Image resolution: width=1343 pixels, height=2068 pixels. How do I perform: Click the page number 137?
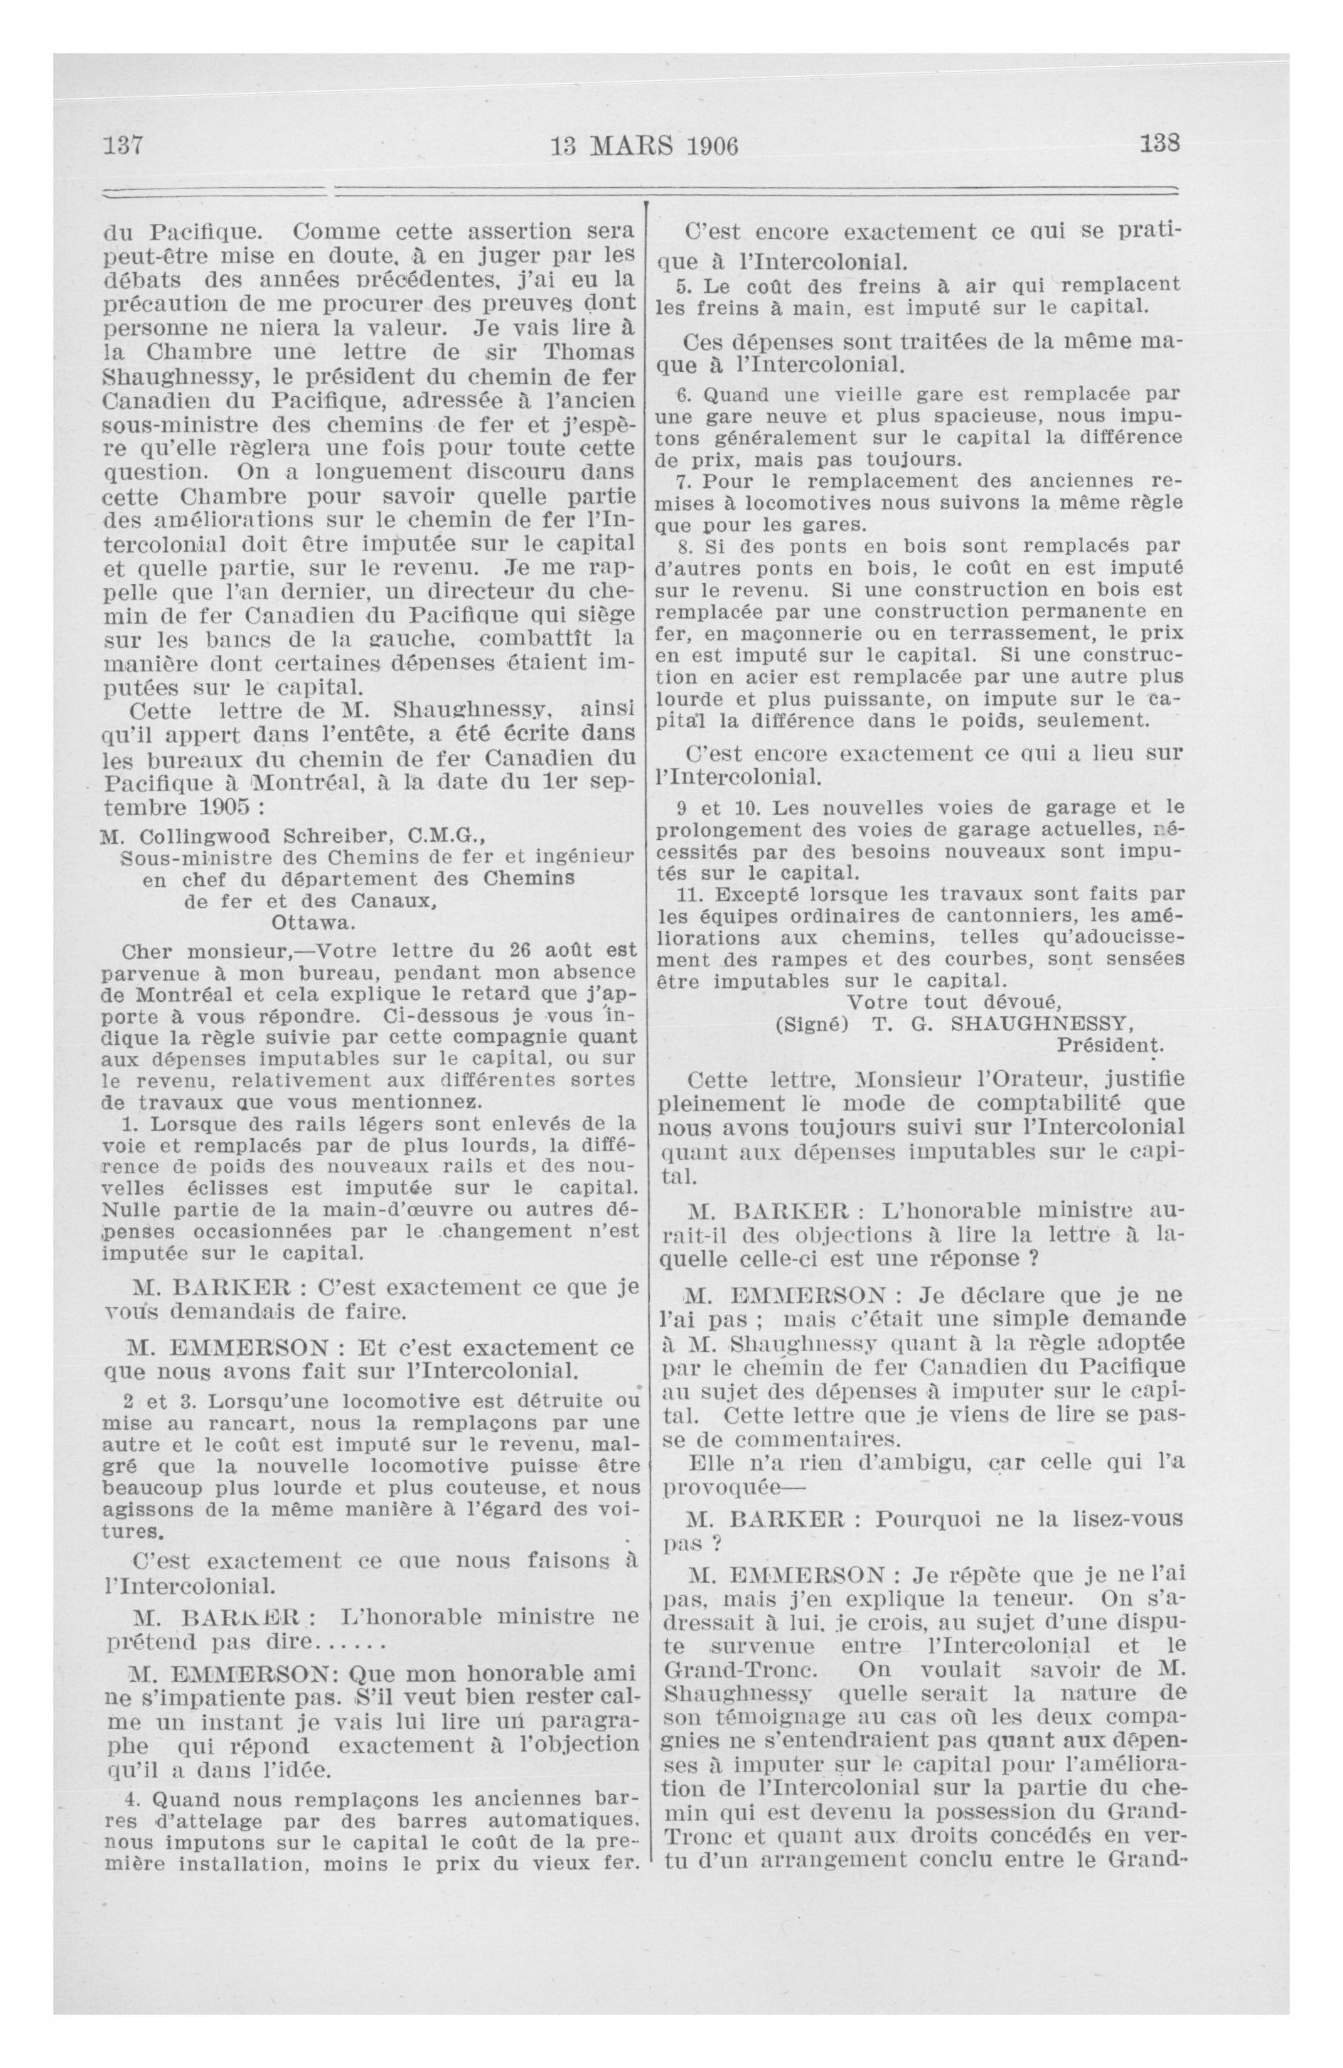click(122, 145)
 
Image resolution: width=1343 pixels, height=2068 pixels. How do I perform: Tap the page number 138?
click(1160, 144)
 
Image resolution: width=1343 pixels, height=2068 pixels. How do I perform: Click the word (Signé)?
click(810, 1023)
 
